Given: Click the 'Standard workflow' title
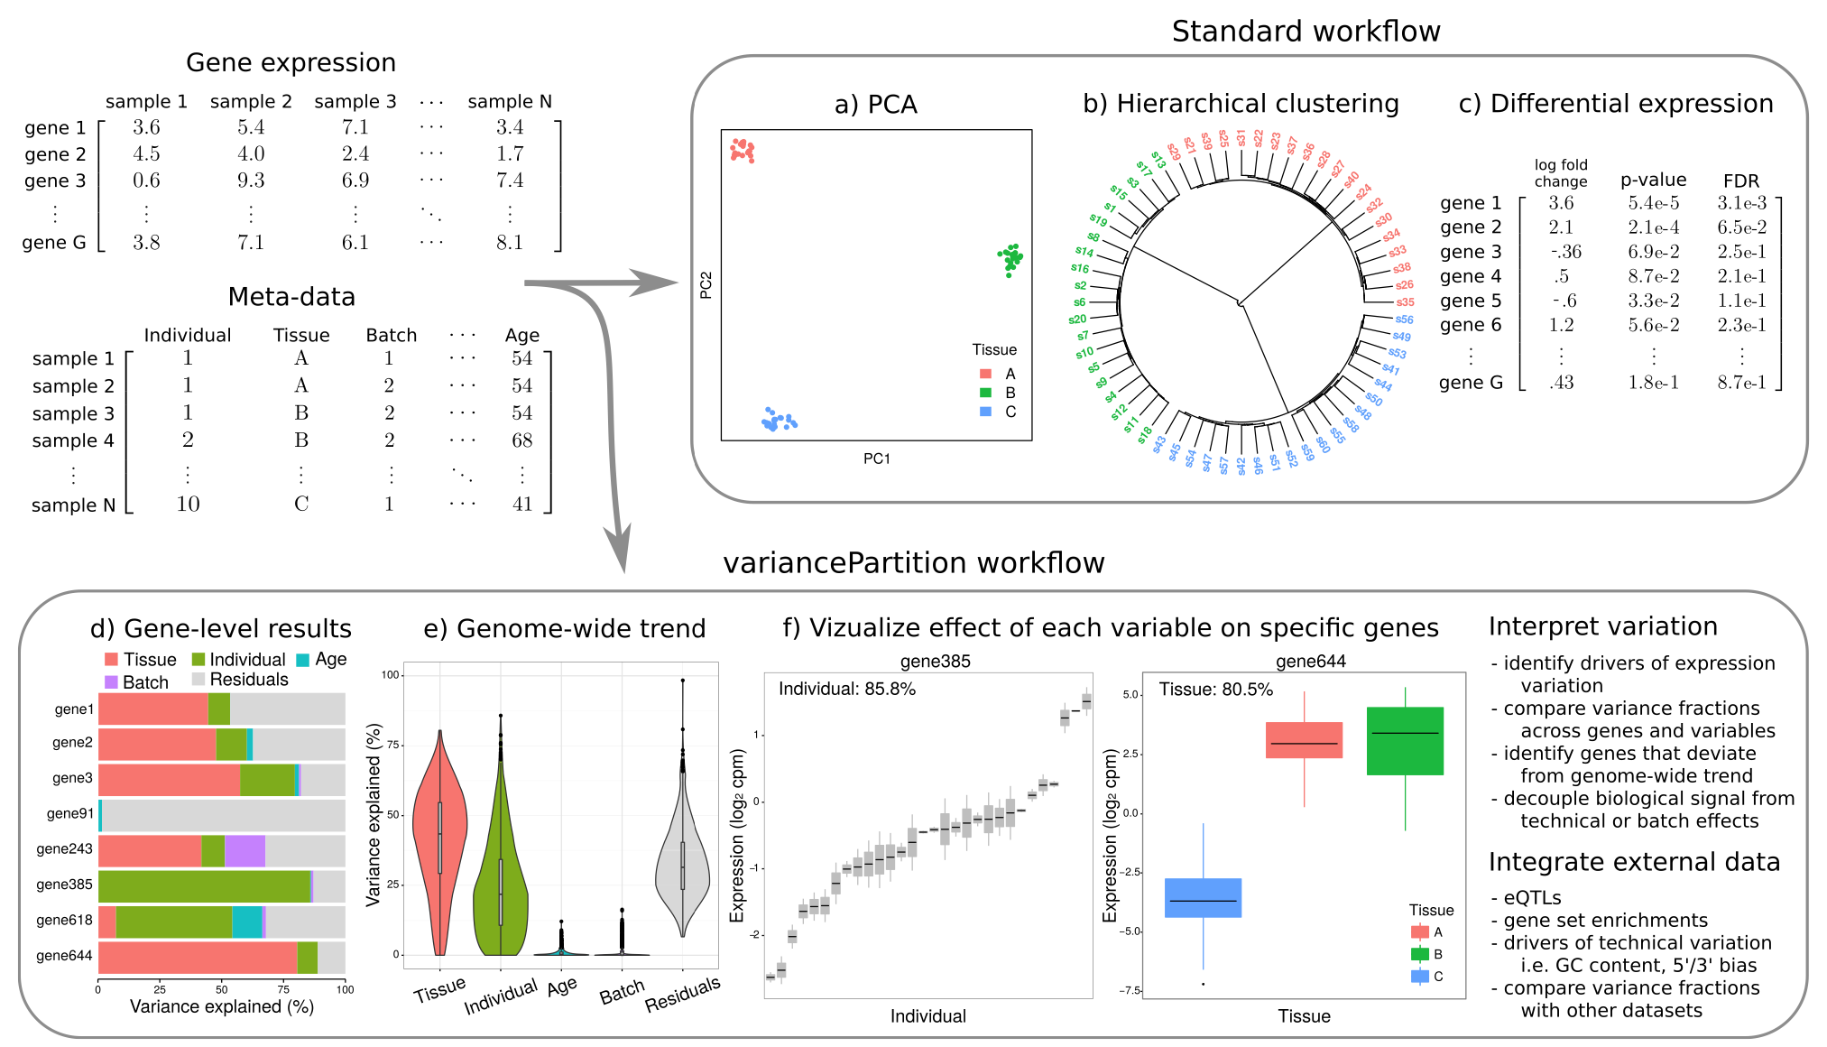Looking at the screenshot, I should pyautogui.click(x=1306, y=32).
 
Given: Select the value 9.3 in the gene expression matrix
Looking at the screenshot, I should pyautogui.click(x=251, y=181).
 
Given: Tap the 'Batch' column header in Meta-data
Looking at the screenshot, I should pyautogui.click(x=392, y=336).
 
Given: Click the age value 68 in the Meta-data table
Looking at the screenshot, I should pyautogui.click(x=522, y=440).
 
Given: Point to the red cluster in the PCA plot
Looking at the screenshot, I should pyautogui.click(x=743, y=150).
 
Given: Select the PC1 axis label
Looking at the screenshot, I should pyautogui.click(x=876, y=459).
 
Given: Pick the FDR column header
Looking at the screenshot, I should pyautogui.click(x=1740, y=181).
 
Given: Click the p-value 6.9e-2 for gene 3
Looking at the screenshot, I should pyautogui.click(x=1653, y=252).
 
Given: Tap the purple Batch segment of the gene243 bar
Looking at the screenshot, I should pyautogui.click(x=245, y=851).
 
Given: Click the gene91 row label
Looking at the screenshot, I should pyautogui.click(x=70, y=813).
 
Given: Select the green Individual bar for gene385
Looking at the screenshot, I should pyautogui.click(x=204, y=886).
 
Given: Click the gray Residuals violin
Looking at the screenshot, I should pyautogui.click(x=683, y=866).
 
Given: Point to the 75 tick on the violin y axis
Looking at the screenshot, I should pyautogui.click(x=392, y=745).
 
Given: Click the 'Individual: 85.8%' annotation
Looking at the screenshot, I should pyautogui.click(x=846, y=690).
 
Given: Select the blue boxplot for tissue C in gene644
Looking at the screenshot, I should pyautogui.click(x=1203, y=898).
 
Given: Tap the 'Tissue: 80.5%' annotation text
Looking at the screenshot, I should pyautogui.click(x=1215, y=690).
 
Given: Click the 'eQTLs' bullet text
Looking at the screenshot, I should pyautogui.click(x=1532, y=898).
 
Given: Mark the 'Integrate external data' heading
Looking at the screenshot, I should pyautogui.click(x=1634, y=863).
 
